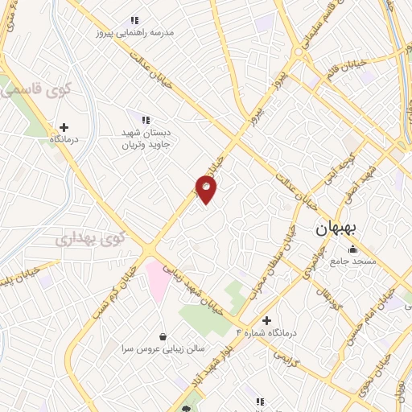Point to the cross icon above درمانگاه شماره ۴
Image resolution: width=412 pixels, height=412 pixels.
[266, 320]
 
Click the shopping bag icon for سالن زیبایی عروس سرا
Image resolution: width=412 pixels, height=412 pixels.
[164, 337]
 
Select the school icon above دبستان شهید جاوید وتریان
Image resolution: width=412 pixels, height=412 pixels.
[146, 120]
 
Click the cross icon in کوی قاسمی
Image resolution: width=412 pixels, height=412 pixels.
[64, 127]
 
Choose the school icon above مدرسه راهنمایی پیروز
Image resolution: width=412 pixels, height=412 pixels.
[135, 20]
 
